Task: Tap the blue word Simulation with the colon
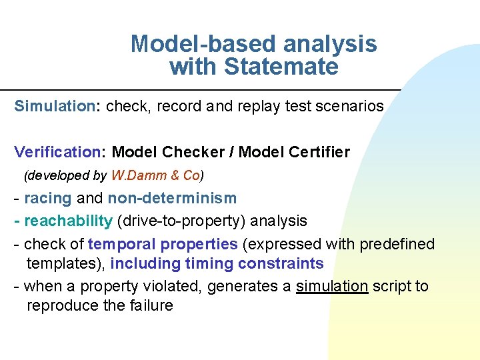click(57, 106)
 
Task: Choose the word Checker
click(193, 152)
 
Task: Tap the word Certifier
click(313, 152)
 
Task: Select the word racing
click(48, 198)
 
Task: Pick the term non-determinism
click(172, 198)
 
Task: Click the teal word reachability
click(68, 221)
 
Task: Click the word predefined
click(397, 244)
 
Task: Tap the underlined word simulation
click(332, 287)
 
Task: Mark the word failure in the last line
click(148, 306)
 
